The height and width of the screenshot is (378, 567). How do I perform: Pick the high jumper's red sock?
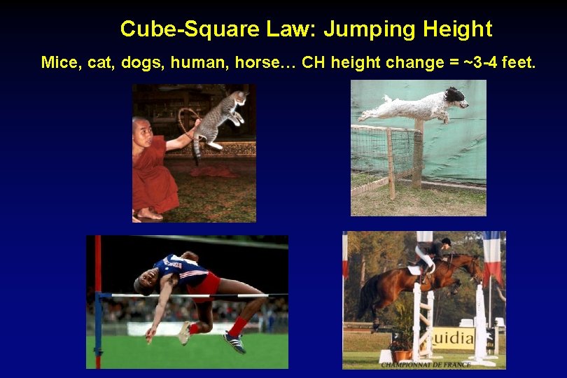(x=239, y=325)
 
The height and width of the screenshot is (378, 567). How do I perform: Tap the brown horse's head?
(x=475, y=266)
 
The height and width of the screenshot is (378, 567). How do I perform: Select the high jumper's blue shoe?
(x=233, y=342)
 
